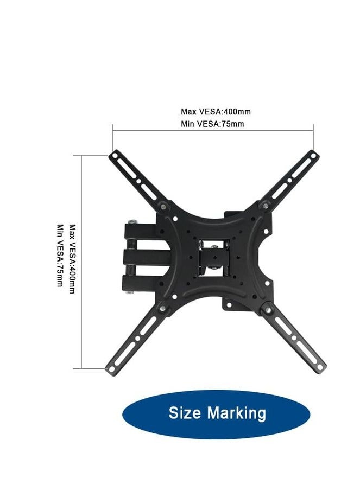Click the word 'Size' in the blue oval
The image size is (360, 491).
(185, 413)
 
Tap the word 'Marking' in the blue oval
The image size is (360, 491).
(237, 413)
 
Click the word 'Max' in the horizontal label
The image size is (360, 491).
(188, 112)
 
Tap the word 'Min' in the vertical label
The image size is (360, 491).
(60, 229)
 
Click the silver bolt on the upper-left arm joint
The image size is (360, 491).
(165, 206)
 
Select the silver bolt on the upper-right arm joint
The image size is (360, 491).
(266, 205)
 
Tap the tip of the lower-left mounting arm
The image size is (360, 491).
(109, 369)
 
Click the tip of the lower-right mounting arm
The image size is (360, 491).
(321, 365)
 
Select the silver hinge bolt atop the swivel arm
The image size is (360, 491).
(131, 221)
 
